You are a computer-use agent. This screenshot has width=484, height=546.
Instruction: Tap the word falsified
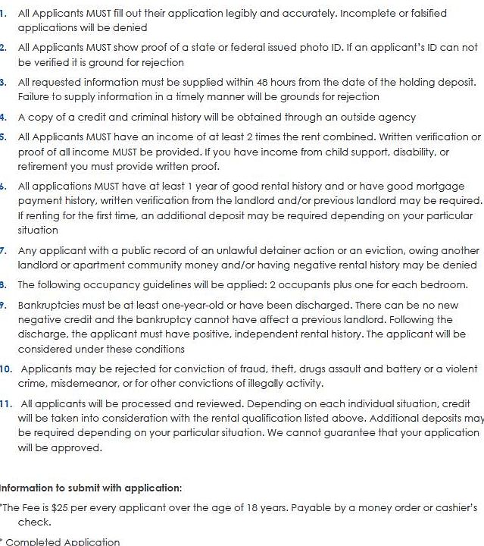(x=425, y=14)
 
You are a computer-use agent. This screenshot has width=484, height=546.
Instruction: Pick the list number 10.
(x=6, y=369)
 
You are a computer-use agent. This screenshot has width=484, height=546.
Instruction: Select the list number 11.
(x=6, y=403)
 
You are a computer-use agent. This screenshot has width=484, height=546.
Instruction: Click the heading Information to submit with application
(x=90, y=488)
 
